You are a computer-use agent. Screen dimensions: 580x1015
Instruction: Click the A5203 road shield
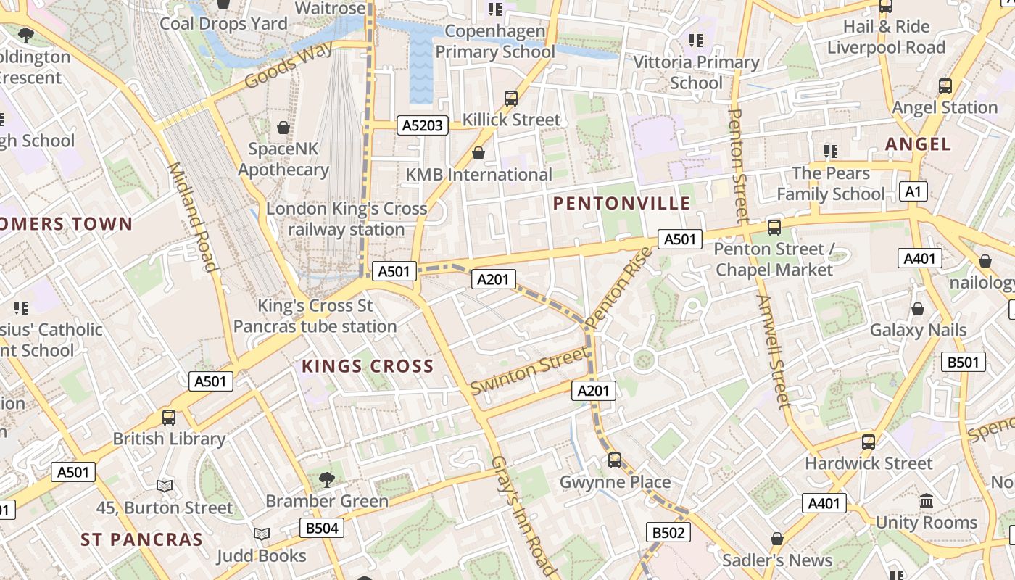[x=423, y=125]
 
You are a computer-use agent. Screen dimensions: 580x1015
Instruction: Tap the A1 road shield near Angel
[x=913, y=191]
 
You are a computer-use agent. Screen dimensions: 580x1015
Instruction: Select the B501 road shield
[x=964, y=362]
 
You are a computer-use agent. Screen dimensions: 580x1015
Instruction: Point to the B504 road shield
[x=322, y=528]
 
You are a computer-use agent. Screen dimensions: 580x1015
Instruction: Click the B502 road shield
[x=668, y=533]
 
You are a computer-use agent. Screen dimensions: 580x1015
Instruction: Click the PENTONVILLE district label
[x=621, y=203]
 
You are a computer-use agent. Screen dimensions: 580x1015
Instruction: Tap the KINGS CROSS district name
[x=368, y=366]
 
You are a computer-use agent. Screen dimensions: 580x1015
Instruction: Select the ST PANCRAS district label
[x=141, y=539]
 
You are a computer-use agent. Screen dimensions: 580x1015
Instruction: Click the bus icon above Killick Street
[x=511, y=98]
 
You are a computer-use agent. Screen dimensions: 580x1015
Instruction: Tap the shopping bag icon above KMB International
[x=478, y=153]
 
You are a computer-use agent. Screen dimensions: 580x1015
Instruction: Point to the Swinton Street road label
[x=529, y=370]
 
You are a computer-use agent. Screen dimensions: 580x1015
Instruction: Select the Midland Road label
[x=193, y=217]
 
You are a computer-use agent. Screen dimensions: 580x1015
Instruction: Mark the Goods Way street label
[x=289, y=65]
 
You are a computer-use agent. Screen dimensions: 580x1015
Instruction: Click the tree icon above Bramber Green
[x=327, y=478]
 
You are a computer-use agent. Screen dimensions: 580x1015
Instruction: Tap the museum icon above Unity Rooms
[x=926, y=500]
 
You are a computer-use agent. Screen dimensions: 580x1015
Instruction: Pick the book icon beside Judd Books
[x=262, y=534]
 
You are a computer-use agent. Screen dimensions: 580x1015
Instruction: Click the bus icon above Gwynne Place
[x=615, y=460]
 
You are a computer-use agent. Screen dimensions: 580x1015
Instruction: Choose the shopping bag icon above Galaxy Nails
[x=918, y=309]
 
